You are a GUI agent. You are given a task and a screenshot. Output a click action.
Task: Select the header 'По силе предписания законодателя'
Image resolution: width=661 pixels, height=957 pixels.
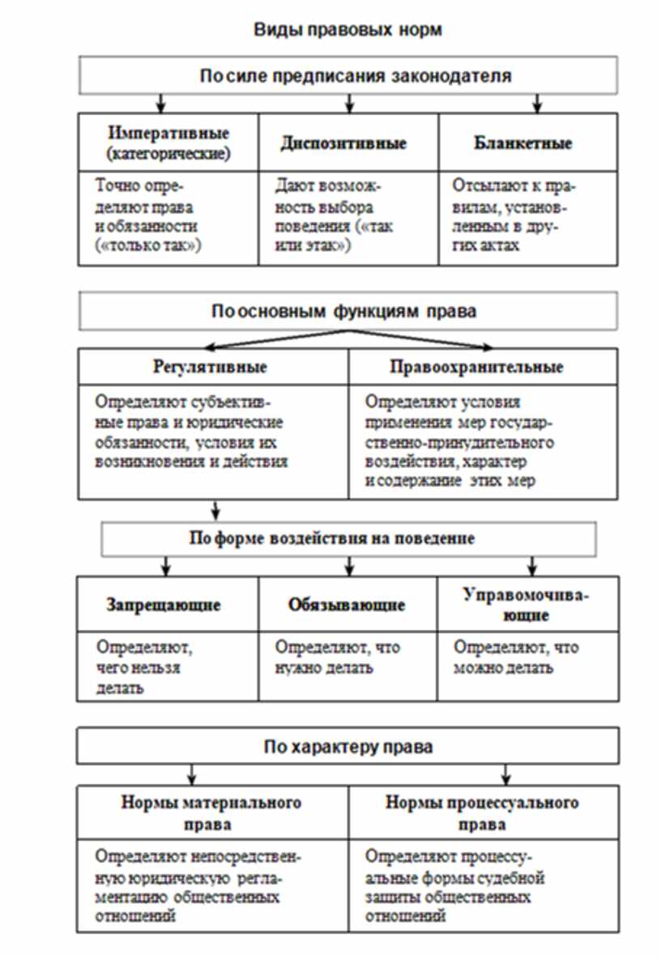(x=348, y=77)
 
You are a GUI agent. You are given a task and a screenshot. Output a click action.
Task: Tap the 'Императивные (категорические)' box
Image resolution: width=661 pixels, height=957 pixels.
(x=168, y=142)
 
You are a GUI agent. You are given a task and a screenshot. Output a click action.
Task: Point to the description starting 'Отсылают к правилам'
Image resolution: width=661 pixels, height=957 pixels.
(x=514, y=215)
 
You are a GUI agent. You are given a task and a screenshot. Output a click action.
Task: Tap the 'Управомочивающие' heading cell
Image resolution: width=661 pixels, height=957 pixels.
(x=526, y=604)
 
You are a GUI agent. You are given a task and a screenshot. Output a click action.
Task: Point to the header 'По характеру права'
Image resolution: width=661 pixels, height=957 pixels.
(x=348, y=746)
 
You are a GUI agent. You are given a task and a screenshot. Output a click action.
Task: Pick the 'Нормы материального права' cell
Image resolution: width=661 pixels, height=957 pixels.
(x=211, y=813)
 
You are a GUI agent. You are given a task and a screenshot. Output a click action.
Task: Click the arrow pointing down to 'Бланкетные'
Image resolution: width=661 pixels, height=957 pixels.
(x=536, y=104)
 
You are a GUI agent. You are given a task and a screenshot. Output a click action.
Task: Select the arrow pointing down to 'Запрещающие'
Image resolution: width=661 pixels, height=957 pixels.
(x=165, y=565)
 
